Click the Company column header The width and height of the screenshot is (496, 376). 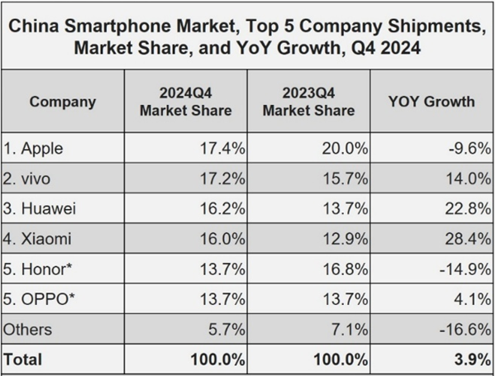pyautogui.click(x=62, y=102)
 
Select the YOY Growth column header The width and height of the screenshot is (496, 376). pyautogui.click(x=431, y=102)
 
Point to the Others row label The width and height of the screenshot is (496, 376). pyautogui.click(x=29, y=328)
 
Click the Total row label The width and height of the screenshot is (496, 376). pyautogui.click(x=24, y=359)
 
